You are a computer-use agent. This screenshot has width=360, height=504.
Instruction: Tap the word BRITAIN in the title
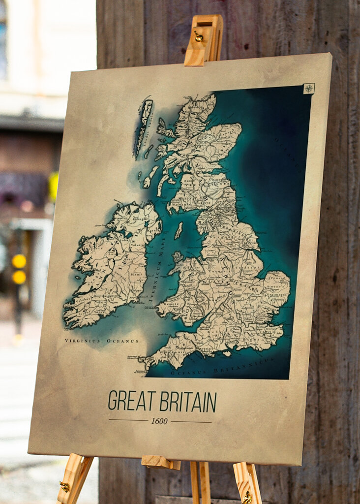pos(188,402)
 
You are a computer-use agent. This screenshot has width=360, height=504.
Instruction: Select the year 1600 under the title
pos(159,421)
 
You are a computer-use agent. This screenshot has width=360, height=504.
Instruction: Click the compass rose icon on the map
pos(308,89)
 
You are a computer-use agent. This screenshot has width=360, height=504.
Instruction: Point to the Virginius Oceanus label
pos(101,341)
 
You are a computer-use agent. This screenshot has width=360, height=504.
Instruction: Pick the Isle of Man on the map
pos(179,230)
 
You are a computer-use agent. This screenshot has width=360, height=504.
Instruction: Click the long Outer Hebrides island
pos(144,125)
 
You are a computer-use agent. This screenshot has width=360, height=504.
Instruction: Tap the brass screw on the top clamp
pos(199,36)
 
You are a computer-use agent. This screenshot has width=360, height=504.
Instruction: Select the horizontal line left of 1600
pos(128,420)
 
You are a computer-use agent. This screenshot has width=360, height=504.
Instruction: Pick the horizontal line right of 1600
pos(191,422)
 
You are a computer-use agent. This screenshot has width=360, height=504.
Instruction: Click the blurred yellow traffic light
pos(19,269)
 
